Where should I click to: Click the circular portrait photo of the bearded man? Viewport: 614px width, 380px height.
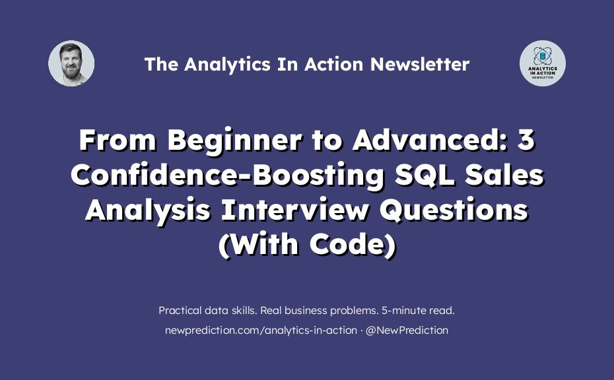[71, 63]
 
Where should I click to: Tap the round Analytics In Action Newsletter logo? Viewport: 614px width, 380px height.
[542, 63]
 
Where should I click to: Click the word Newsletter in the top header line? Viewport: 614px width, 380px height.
[420, 64]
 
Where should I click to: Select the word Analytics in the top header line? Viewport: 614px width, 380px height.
[227, 65]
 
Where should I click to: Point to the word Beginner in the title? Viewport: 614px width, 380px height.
[234, 141]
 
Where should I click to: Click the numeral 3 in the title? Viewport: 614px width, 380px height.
[526, 140]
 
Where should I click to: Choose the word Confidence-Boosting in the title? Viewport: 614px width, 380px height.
[228, 175]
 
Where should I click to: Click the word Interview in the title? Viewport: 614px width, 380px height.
[295, 209]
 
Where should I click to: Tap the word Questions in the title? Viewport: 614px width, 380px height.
[454, 210]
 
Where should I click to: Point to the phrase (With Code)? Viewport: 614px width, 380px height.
[308, 245]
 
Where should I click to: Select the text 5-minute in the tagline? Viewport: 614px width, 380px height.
[403, 311]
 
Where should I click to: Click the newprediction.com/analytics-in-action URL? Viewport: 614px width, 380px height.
[261, 331]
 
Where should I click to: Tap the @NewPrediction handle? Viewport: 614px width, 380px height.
[407, 331]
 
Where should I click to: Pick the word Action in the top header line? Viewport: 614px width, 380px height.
[334, 64]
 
